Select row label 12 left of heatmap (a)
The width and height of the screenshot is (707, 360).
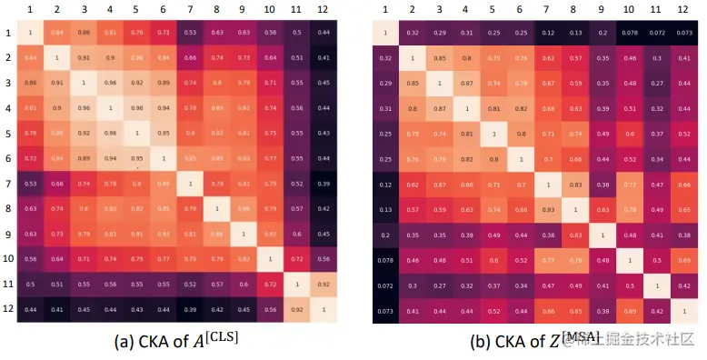[x=7, y=309]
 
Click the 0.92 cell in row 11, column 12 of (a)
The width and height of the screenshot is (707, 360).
[x=323, y=284]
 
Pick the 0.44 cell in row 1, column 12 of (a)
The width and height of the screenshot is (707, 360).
[x=323, y=34]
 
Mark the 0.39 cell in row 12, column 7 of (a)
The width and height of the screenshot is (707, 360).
[x=190, y=309]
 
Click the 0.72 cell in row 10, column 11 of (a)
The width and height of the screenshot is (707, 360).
[x=296, y=258]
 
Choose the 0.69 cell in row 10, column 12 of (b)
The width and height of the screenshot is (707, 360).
[x=682, y=258]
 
